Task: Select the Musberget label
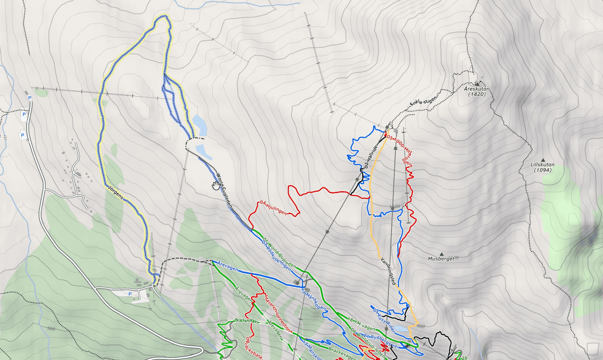[441, 259]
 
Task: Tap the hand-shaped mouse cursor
[216, 185]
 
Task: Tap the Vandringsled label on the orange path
[388, 271]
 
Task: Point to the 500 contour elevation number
[50, 329]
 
